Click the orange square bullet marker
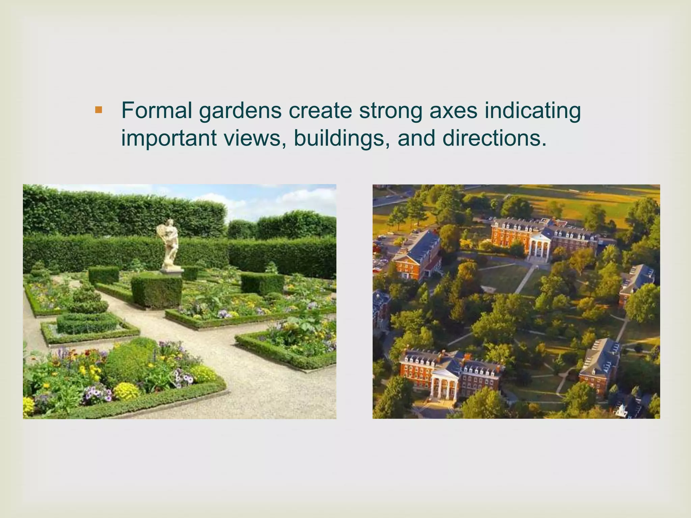(98, 110)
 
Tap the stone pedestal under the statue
(171, 271)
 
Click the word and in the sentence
(416, 138)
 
